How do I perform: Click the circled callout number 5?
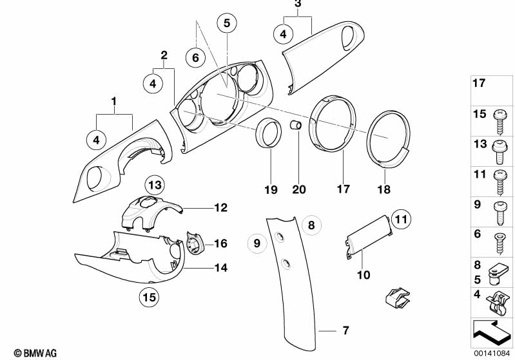point(227,23)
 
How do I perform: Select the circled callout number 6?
point(195,58)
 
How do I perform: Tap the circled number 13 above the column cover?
point(155,185)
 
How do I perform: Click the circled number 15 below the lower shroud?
point(149,298)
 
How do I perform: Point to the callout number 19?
point(271,190)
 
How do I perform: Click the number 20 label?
point(299,189)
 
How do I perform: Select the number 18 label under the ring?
point(384,189)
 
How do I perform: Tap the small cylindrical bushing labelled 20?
point(296,125)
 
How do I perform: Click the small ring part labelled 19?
point(269,133)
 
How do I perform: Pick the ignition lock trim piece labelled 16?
point(195,243)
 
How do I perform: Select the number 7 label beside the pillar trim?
point(345,330)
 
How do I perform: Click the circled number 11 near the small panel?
point(401,219)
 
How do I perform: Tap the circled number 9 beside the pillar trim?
point(257,243)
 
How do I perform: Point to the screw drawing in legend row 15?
point(500,122)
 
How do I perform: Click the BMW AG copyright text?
point(35,353)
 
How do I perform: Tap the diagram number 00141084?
point(492,353)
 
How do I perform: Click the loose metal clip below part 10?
point(398,298)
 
